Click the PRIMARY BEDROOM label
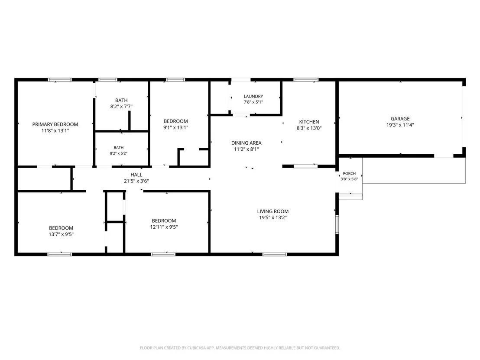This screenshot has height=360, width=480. [x=55, y=124]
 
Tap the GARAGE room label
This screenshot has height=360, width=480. [x=400, y=119]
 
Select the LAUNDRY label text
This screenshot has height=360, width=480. [x=253, y=97]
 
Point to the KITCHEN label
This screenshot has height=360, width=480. [x=309, y=122]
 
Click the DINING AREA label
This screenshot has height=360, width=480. [x=246, y=143]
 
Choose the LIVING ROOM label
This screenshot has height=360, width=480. [x=273, y=211]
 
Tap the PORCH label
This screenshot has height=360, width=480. [x=349, y=174]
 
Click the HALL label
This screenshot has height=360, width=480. [x=136, y=175]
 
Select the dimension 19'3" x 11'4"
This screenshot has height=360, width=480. [x=400, y=125]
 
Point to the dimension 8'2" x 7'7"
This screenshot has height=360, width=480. [x=121, y=107]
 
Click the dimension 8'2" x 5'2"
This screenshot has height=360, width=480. [x=118, y=153]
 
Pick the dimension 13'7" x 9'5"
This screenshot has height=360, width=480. [x=61, y=234]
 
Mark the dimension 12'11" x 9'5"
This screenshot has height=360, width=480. [x=164, y=227]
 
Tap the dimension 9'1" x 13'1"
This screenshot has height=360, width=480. [x=176, y=128]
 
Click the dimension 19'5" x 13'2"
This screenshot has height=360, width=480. [x=273, y=217]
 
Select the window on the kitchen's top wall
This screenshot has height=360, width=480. [x=306, y=80]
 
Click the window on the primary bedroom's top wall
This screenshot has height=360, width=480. [x=60, y=80]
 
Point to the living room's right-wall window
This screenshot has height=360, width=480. [x=337, y=224]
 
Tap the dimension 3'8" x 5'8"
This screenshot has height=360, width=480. [x=349, y=179]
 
